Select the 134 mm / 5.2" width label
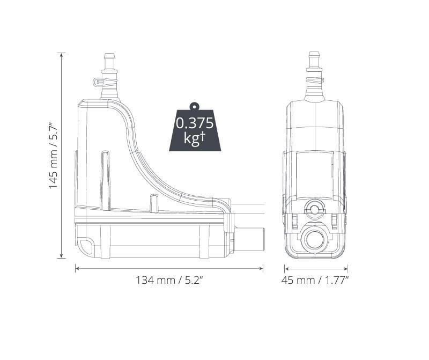pyautogui.click(x=168, y=280)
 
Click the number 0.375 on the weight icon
pyautogui.click(x=195, y=123)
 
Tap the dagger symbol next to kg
pyautogui.click(x=203, y=136)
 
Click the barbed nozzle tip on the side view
pyautogui.click(x=110, y=57)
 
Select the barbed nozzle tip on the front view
pyautogui.click(x=315, y=57)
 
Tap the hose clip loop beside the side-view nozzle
pyautogui.click(x=97, y=82)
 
